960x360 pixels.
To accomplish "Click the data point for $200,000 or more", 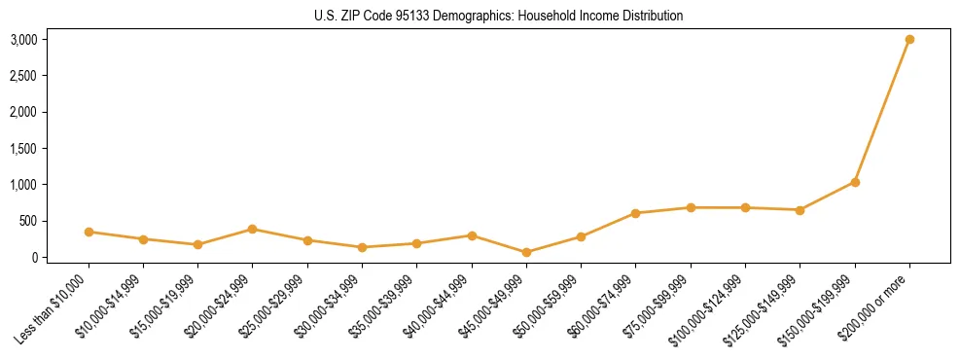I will (x=909, y=40).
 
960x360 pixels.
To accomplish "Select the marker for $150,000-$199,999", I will (x=855, y=182).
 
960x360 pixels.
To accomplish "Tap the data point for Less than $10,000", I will (x=89, y=232).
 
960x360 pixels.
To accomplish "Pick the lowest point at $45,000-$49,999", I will (x=526, y=252).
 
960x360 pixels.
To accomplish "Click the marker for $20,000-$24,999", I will (x=253, y=229).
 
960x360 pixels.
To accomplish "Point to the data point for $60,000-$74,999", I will (x=635, y=213).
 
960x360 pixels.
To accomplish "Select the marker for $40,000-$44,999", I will (x=472, y=235).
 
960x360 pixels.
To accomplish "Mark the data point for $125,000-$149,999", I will (x=800, y=210).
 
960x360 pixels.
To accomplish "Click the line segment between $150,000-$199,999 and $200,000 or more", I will (x=882, y=111).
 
